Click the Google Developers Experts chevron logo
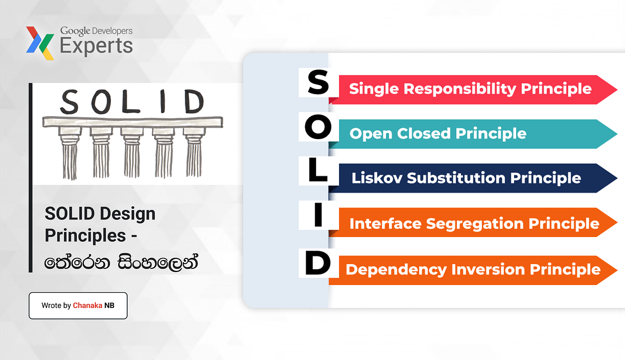(40, 43)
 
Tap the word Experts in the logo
(96, 46)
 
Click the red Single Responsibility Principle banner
(469, 89)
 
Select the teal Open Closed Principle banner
(469, 134)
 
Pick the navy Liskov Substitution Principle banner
(469, 178)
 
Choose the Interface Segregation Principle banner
(469, 224)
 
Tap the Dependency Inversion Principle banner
(469, 269)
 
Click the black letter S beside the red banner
(317, 84)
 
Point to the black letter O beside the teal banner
(317, 128)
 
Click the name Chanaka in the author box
(87, 306)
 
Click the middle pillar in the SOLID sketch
(132, 152)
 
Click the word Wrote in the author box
(51, 306)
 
